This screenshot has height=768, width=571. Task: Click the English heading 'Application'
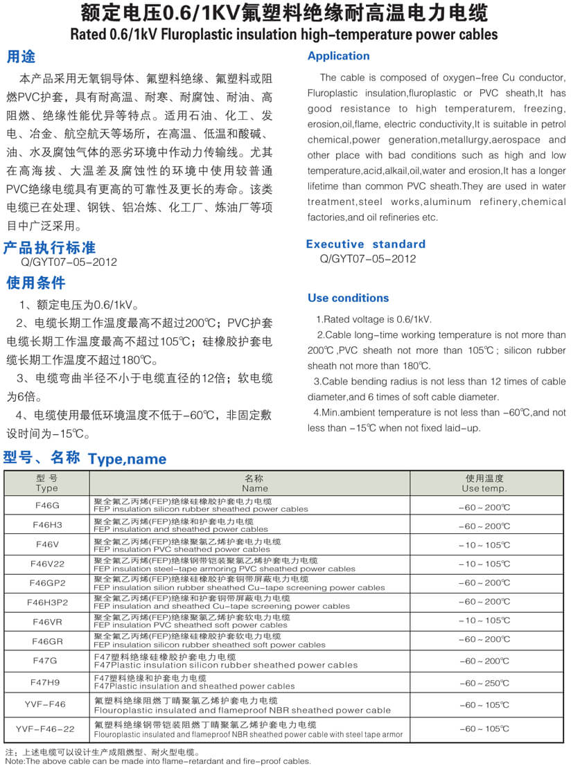coord(338,56)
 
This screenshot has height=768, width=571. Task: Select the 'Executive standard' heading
coord(365,244)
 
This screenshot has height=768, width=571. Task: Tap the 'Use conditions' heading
coord(348,298)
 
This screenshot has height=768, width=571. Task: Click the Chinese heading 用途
coord(21,56)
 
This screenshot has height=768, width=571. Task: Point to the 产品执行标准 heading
coord(49,247)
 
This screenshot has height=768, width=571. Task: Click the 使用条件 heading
coord(35,283)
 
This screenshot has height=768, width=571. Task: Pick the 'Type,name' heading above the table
coord(128,459)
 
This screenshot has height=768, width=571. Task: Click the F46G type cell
coord(47,506)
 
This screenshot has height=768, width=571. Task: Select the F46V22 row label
coord(47,564)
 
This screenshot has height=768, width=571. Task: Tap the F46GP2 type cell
coord(47,582)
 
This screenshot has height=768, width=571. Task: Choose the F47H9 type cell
coord(47,682)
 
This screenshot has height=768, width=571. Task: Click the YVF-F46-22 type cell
coord(47,729)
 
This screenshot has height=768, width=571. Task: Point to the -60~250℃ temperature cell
coord(484,683)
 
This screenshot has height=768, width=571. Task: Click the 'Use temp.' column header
coord(484,488)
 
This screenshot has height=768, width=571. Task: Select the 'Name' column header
coord(254,488)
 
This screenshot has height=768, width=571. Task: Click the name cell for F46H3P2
coord(222,602)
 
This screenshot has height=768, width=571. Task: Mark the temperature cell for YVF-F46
coord(484,705)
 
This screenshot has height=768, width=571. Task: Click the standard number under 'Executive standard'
coord(368,259)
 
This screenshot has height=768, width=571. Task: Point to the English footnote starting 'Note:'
coord(158,761)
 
